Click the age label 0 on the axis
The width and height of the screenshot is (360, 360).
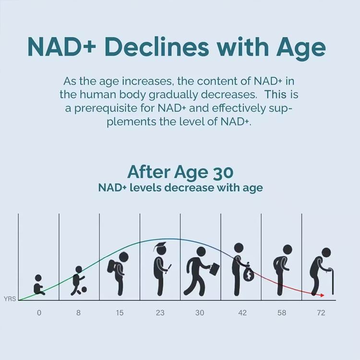[39, 313]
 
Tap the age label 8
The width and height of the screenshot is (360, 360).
[78, 313]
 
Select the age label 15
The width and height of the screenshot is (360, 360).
[120, 313]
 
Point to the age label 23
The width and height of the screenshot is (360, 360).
[160, 313]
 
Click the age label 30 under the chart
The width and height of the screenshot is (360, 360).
[200, 313]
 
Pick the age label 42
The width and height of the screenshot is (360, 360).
[242, 313]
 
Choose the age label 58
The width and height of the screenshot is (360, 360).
[282, 313]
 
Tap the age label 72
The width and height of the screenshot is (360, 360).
[321, 313]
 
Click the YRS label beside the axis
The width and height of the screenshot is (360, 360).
[10, 299]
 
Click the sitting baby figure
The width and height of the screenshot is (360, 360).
[39, 286]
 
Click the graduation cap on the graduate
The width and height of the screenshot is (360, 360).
[159, 247]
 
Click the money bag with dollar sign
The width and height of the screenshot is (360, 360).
[249, 274]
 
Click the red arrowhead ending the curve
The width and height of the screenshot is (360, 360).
[322, 295]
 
